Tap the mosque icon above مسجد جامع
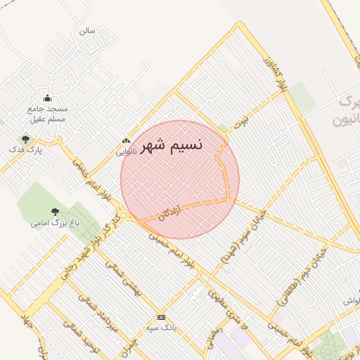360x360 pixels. tap(47, 98)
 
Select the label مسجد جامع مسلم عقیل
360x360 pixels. tap(48, 114)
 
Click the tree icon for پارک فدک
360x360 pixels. tap(26, 139)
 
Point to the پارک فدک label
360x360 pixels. tap(25, 150)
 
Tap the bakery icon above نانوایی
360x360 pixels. tap(126, 141)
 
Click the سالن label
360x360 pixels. tap(86, 31)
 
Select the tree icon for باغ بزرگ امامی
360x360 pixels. tap(55, 212)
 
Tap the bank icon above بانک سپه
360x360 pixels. tap(162, 317)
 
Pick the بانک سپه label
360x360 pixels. tap(161, 328)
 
